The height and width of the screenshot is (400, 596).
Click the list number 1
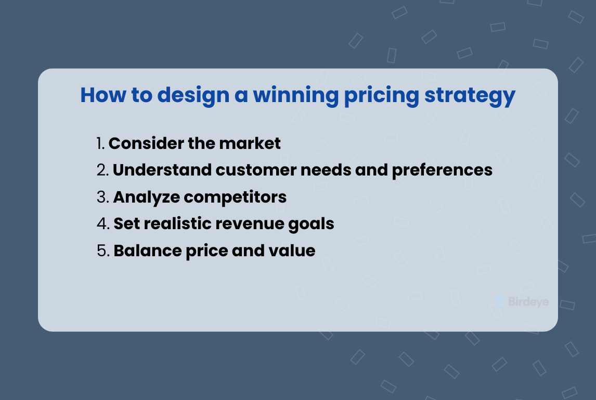101,143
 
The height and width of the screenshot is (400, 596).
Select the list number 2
102,170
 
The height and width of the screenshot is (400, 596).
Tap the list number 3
102,197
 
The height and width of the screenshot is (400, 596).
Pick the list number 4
103,224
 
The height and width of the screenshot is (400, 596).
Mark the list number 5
103,251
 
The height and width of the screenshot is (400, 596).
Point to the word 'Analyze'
146,197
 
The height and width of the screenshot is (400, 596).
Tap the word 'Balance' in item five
144,251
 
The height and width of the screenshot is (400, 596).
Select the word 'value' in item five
292,251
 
